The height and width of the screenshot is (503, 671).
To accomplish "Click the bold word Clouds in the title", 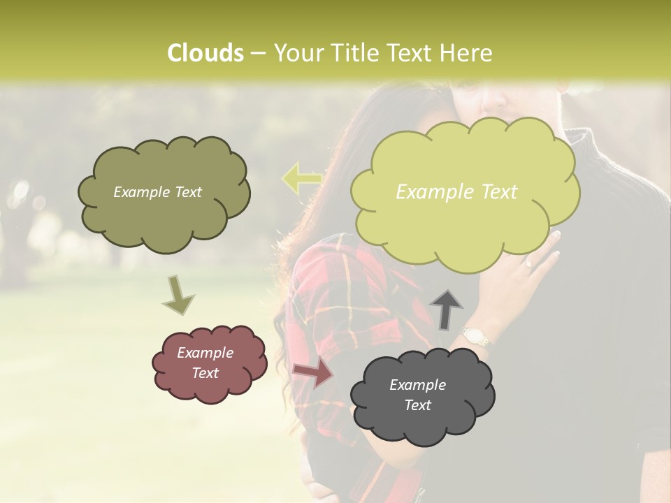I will click(205, 53).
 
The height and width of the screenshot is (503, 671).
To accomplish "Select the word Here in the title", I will click(467, 53).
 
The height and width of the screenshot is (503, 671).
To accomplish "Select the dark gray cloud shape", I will click(422, 423).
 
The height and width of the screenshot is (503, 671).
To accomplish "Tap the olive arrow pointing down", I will click(178, 295).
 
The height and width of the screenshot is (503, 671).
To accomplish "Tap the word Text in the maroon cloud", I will click(205, 373).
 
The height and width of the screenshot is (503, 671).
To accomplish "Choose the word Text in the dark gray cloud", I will click(417, 405).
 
